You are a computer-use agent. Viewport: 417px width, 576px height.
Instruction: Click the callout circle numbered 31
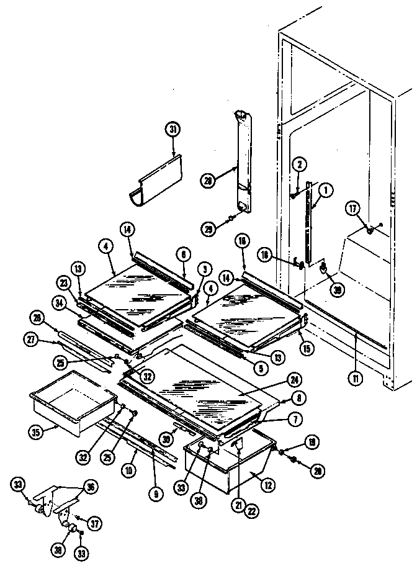pyautogui.click(x=172, y=130)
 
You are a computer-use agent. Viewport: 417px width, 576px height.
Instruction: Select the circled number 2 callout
pyautogui.click(x=299, y=164)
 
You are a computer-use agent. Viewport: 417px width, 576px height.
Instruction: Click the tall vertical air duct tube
pyautogui.click(x=244, y=161)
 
